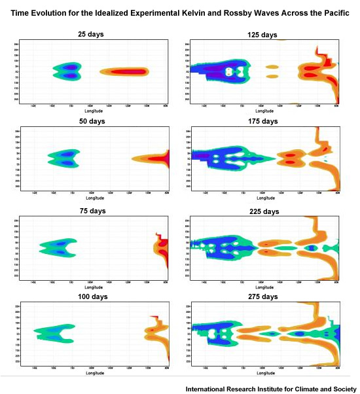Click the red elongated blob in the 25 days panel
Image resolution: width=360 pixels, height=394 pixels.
(x=124, y=71)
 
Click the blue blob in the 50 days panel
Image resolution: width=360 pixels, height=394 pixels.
(x=63, y=158)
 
